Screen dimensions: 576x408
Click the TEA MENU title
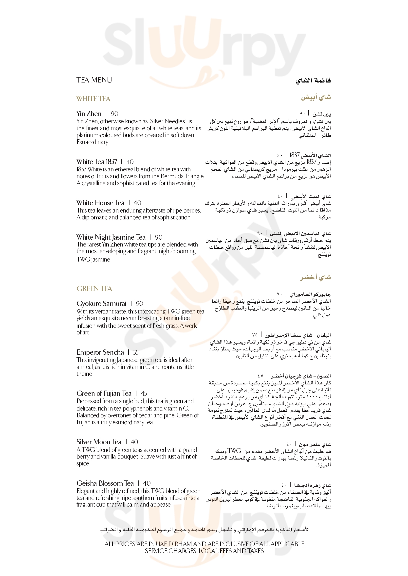[94, 80]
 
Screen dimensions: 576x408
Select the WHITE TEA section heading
[93, 99]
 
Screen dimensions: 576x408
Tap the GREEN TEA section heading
[94, 289]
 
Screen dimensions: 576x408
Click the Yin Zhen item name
[89, 114]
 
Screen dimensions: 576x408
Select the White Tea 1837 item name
[97, 162]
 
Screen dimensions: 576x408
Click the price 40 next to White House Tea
[137, 203]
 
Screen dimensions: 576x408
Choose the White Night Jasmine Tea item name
[111, 237]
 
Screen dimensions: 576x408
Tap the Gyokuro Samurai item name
[101, 304]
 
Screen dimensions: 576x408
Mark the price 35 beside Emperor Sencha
[136, 352]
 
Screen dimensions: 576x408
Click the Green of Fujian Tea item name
[104, 393]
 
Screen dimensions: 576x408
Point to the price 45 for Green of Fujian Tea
[144, 394]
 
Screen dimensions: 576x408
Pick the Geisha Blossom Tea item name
[105, 483]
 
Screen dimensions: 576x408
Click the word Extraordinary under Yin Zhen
[93, 142]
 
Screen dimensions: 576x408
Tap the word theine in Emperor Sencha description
[84, 374]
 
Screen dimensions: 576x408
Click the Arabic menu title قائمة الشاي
[313, 81]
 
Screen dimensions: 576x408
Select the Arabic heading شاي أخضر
[315, 277]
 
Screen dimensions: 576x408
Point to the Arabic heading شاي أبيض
[316, 97]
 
